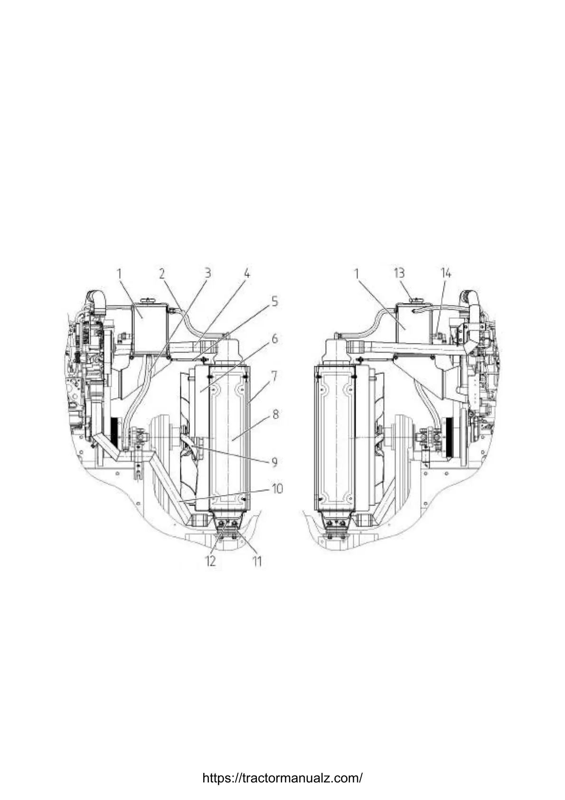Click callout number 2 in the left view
point(162,274)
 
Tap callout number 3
point(207,273)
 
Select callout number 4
point(246,274)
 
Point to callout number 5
point(274,302)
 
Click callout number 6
point(274,339)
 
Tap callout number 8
point(274,415)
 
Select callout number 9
point(274,462)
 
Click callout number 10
point(277,488)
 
